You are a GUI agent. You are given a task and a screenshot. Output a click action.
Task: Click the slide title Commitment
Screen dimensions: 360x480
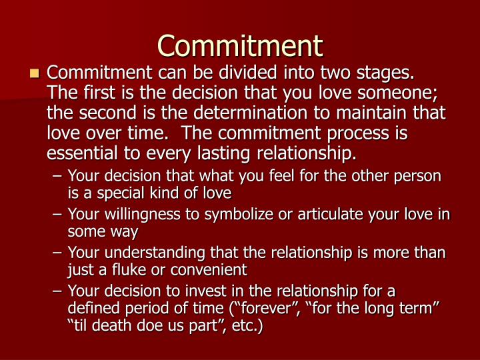(x=240, y=45)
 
